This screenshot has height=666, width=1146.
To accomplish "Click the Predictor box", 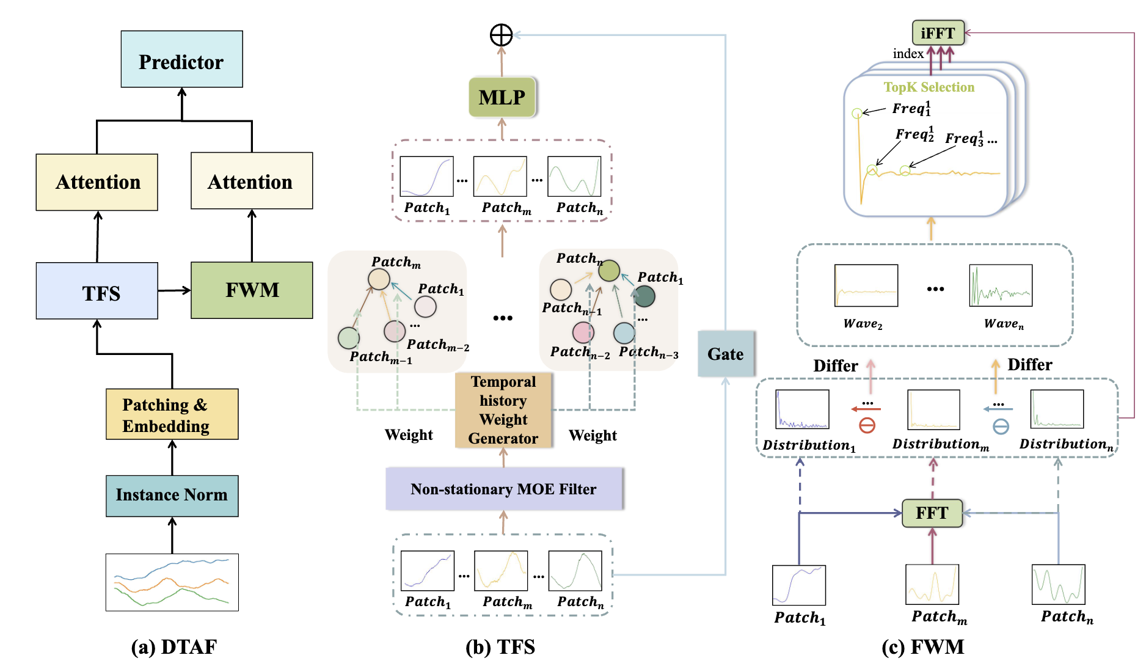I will pyautogui.click(x=181, y=59).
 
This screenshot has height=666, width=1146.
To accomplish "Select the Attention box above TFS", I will pyautogui.click(x=97, y=182).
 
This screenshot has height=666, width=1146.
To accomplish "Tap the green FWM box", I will pyautogui.click(x=252, y=290).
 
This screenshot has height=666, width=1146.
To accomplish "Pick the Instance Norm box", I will pyautogui.click(x=172, y=496).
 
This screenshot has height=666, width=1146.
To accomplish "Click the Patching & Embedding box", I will pyautogui.click(x=172, y=414).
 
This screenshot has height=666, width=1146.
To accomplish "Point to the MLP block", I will pyautogui.click(x=502, y=97).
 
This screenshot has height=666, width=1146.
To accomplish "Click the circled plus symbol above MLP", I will pyautogui.click(x=502, y=35).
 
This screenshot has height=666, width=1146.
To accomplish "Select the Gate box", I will pyautogui.click(x=726, y=354).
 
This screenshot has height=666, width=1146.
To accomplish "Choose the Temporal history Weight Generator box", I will pyautogui.click(x=503, y=410).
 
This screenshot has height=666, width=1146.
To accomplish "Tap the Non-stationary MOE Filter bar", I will pyautogui.click(x=504, y=489).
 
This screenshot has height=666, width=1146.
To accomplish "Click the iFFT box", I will pyautogui.click(x=938, y=33).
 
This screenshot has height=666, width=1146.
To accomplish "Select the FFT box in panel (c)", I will pyautogui.click(x=932, y=513).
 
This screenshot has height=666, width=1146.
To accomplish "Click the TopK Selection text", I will pyautogui.click(x=929, y=87).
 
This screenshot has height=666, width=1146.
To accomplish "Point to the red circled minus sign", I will pyautogui.click(x=867, y=425).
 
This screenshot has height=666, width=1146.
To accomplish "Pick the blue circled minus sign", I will pyautogui.click(x=1001, y=426).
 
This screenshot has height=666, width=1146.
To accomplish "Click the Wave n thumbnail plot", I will pyautogui.click(x=1001, y=285).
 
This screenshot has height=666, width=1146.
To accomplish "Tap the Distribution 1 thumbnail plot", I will pyautogui.click(x=802, y=409).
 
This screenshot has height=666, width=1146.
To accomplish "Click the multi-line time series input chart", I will pyautogui.click(x=172, y=582).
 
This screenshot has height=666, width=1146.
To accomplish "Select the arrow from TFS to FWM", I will pyautogui.click(x=174, y=290).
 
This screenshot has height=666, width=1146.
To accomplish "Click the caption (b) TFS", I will pyautogui.click(x=500, y=647).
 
